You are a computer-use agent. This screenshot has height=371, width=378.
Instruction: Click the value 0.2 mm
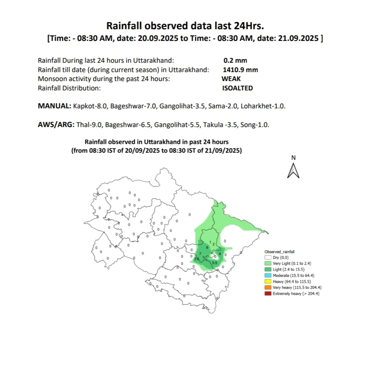click(235, 60)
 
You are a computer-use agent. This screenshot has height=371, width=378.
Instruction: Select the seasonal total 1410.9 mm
click(240, 70)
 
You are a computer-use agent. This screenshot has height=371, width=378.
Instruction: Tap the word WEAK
click(231, 79)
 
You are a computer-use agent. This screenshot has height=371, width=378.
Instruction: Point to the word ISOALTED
click(237, 88)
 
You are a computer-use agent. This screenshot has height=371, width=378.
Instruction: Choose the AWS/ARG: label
click(56, 125)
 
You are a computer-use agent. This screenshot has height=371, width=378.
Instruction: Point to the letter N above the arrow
click(294, 158)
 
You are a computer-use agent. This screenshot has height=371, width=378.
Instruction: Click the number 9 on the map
click(220, 254)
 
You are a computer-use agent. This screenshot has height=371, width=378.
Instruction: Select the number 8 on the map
click(207, 247)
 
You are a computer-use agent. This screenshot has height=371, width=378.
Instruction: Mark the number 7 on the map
click(200, 254)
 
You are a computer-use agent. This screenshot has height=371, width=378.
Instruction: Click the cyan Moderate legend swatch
click(268, 276)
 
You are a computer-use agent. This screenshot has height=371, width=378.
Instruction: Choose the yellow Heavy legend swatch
click(268, 281)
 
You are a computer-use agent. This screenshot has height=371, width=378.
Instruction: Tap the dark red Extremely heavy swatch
click(268, 293)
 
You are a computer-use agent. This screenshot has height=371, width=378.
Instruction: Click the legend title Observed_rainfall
click(277, 252)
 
